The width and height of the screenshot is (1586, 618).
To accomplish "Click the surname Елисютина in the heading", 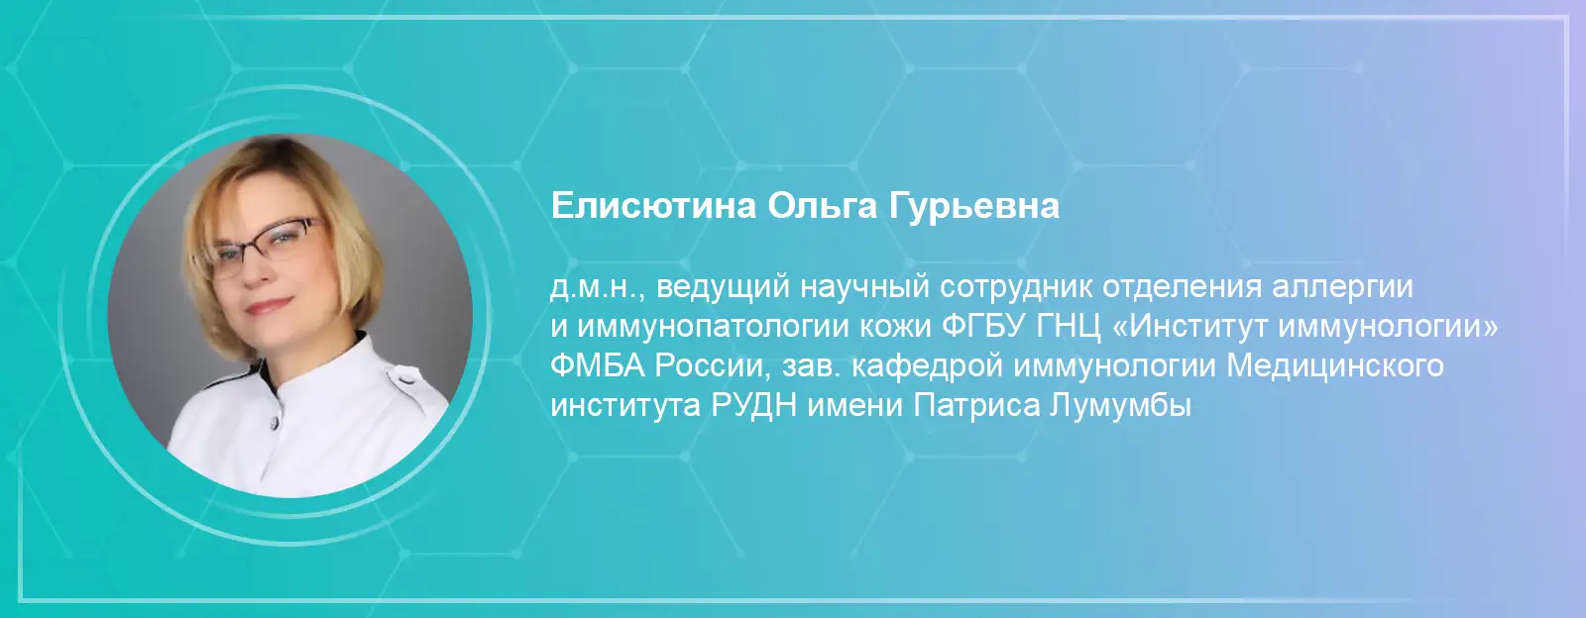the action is coord(653,206).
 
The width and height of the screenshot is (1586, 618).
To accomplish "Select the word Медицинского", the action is coord(1334,367).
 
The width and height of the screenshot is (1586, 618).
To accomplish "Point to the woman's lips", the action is coord(270,306).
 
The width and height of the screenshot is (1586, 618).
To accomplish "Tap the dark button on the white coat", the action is coord(273,424).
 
